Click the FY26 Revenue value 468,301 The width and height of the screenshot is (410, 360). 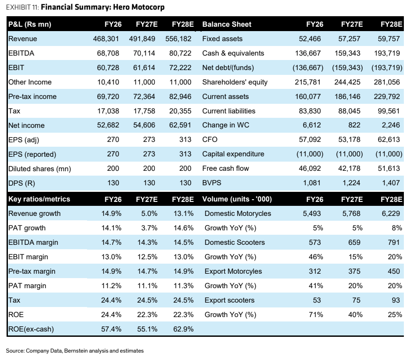(x=106, y=39)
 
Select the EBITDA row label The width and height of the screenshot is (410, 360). (x=21, y=53)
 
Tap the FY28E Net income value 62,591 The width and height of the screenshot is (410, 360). (x=180, y=125)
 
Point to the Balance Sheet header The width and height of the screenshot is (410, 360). (x=227, y=25)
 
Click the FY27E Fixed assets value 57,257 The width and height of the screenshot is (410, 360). (x=349, y=39)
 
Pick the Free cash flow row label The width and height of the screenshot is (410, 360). (x=226, y=169)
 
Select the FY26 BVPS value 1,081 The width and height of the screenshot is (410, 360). (x=312, y=183)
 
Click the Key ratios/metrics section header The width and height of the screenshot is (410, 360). (x=39, y=199)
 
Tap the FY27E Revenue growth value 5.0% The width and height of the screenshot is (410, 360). (x=149, y=213)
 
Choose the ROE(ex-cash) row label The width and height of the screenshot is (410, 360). (x=31, y=329)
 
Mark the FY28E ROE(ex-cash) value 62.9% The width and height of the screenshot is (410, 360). (x=183, y=329)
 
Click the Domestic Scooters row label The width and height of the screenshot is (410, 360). (x=235, y=242)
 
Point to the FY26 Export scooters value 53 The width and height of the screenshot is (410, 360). (x=317, y=300)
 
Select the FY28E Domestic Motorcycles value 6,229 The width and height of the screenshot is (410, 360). (x=391, y=213)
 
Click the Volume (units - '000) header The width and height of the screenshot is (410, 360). (x=237, y=199)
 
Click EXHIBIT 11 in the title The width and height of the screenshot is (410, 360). (x=22, y=7)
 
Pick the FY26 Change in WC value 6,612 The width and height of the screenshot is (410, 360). (x=312, y=125)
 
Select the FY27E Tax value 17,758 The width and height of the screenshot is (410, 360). (x=144, y=111)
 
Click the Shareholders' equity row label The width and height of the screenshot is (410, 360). (x=235, y=82)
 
